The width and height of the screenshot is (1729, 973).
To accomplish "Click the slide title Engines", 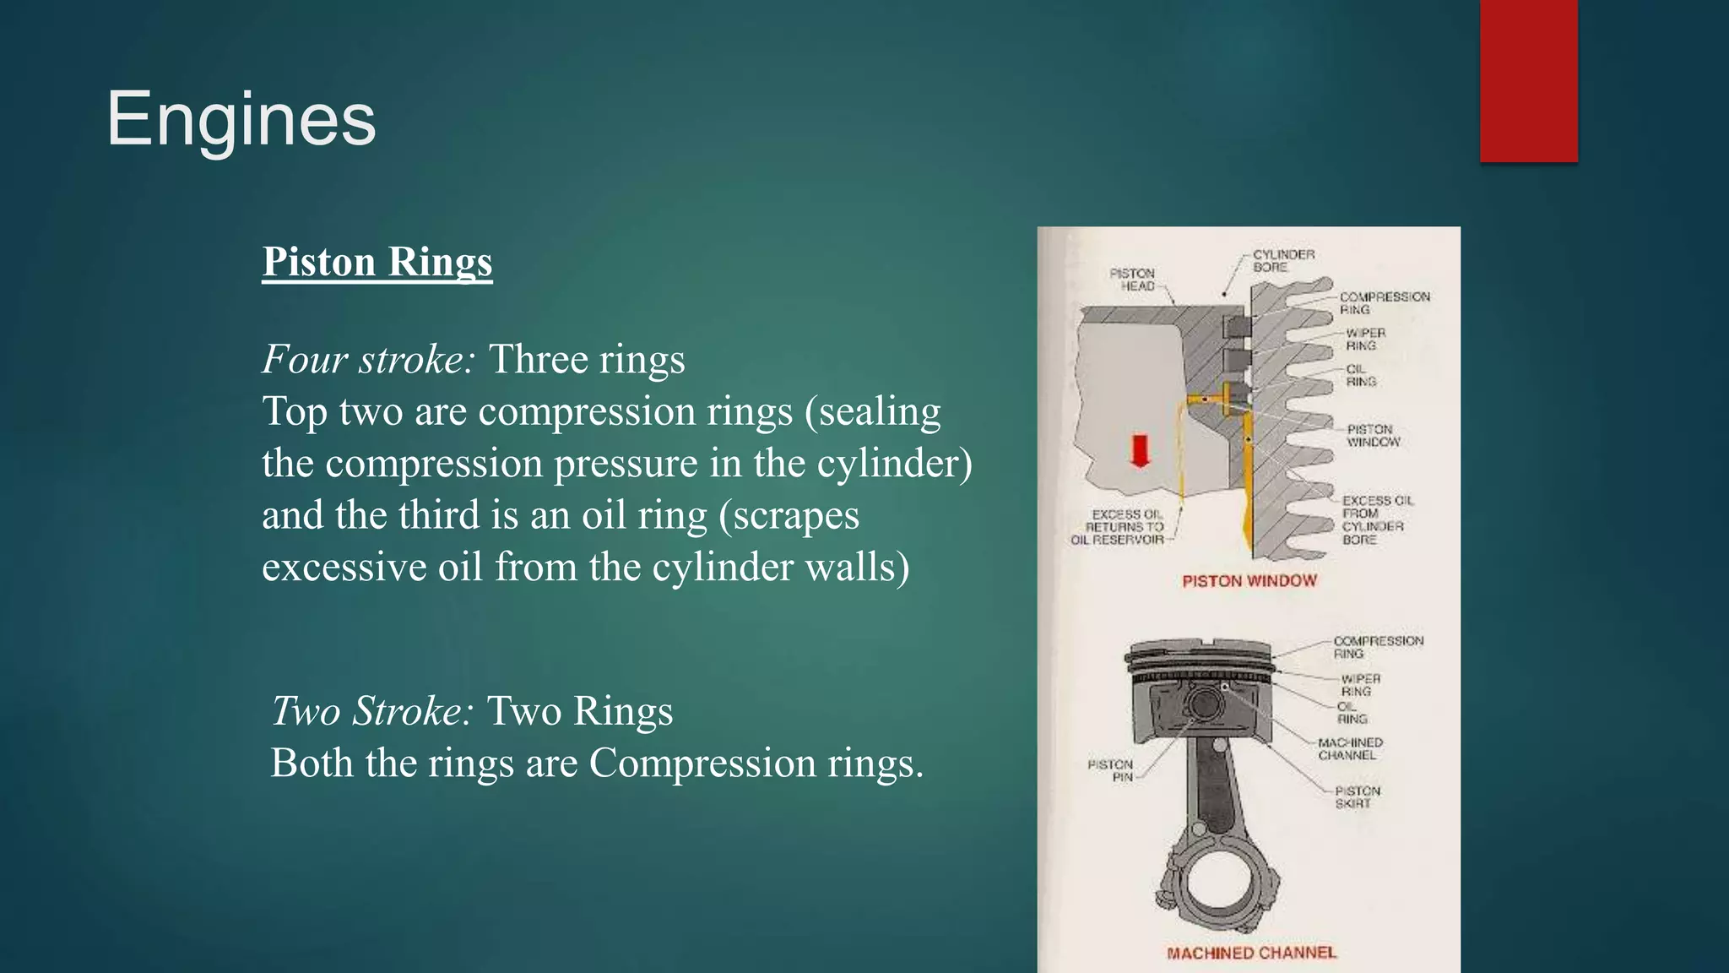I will (x=241, y=119).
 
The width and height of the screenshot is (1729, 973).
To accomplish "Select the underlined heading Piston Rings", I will (x=377, y=262).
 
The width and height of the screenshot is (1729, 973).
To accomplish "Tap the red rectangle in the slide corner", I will (x=1528, y=80).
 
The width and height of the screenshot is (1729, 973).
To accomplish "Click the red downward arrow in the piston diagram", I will (x=1141, y=450).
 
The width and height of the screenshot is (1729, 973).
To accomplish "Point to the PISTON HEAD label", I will (x=1132, y=280).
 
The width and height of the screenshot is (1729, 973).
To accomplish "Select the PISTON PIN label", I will (x=1110, y=770).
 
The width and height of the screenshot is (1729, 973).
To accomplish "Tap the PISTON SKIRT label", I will (x=1357, y=797).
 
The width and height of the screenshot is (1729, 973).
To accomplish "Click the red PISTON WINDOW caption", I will (x=1249, y=581).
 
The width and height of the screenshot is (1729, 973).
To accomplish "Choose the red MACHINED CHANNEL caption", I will (x=1251, y=953).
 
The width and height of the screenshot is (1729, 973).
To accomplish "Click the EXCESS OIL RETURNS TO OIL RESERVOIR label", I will (x=1119, y=527).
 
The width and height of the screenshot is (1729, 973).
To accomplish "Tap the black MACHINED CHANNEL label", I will (x=1350, y=748).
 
